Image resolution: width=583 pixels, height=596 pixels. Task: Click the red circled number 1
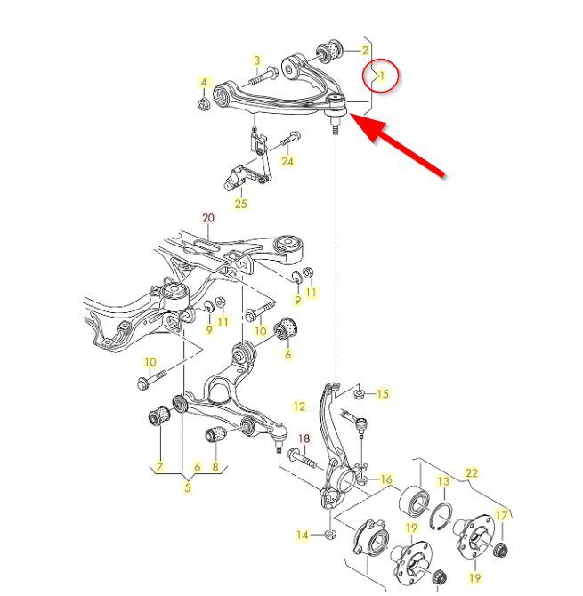click(x=382, y=76)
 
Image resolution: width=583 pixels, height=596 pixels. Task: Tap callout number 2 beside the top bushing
click(x=365, y=50)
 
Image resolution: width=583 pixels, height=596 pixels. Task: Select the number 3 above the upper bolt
click(x=257, y=60)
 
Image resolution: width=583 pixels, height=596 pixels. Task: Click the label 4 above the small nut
click(x=204, y=82)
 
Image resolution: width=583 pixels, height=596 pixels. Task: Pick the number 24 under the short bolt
click(x=287, y=162)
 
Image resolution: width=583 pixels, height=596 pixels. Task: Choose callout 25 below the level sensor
click(x=240, y=204)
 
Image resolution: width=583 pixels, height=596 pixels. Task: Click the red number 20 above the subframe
click(x=208, y=218)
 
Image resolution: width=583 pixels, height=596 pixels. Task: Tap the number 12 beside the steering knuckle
click(x=299, y=407)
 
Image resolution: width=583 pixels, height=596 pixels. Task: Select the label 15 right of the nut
click(x=382, y=394)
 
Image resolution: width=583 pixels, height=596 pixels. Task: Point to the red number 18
click(x=304, y=439)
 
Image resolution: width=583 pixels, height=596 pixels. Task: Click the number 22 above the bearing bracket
click(x=471, y=473)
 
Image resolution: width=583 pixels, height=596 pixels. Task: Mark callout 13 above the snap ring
click(x=443, y=481)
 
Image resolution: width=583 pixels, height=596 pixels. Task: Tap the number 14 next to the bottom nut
click(x=303, y=536)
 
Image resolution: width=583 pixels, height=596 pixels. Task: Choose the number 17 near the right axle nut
click(x=502, y=516)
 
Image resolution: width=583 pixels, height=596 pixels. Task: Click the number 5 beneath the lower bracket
click(x=188, y=487)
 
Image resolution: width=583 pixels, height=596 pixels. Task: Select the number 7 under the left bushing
click(x=159, y=467)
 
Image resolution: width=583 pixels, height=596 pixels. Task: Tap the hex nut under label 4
click(x=204, y=103)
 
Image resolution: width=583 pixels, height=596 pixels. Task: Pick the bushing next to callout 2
click(x=330, y=52)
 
